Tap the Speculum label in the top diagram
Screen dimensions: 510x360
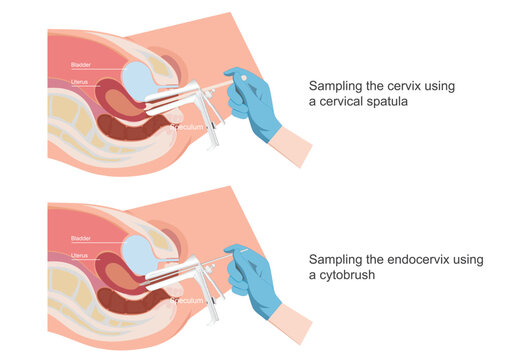tap(189, 128)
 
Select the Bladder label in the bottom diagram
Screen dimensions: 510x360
tap(80, 239)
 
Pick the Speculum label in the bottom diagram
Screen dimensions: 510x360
tap(189, 300)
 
